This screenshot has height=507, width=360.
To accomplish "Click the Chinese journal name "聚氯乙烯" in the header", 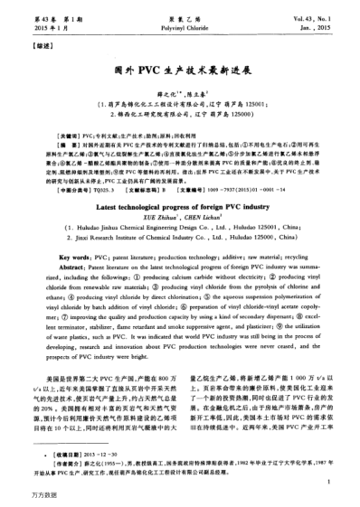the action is [181, 8].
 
